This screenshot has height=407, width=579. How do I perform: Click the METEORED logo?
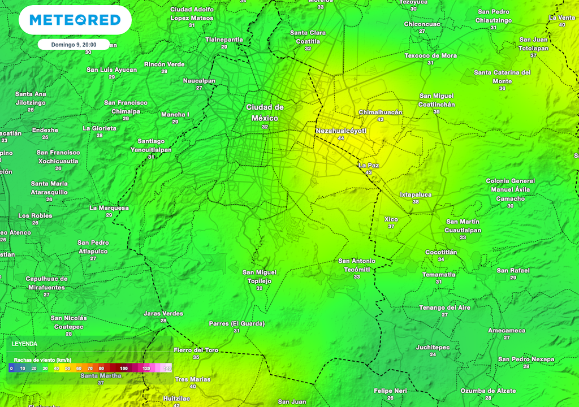pos(75,20)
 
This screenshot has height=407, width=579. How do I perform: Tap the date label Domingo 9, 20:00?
pos(73,45)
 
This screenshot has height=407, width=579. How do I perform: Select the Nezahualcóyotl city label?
pos(341,131)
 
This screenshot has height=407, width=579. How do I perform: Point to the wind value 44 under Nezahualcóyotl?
pos(340,138)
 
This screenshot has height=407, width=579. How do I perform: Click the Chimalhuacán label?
pos(381,112)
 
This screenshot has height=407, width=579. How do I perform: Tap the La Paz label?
pos(369,165)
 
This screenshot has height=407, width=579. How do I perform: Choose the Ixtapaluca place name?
pos(416,194)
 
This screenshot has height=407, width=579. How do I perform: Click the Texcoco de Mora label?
pos(430,55)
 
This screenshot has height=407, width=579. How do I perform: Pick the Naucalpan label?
pos(199,81)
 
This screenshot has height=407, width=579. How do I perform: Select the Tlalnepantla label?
pos(224,40)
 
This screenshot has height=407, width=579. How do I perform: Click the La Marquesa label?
pos(109,208)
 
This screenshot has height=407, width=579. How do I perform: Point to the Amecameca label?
pos(507,331)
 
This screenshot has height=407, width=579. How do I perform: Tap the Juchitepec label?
pos(433,347)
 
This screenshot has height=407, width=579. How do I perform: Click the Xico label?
pos(391,219)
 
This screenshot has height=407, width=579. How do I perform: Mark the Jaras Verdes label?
pos(163,314)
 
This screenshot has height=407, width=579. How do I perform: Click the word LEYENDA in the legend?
pos(24,344)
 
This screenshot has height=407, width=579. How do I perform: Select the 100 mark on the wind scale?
pos(124,369)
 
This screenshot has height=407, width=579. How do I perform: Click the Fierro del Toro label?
pos(196,350)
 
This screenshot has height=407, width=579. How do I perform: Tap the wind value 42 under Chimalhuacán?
pos(380,119)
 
